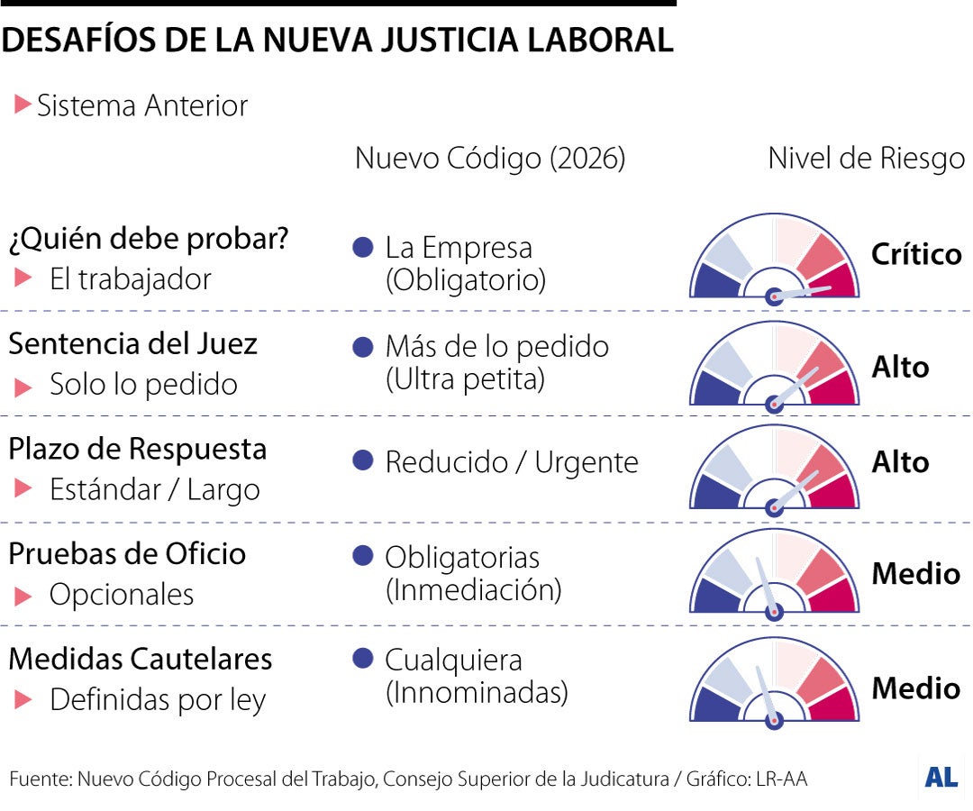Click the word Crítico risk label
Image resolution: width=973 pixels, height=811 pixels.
pos(915,254)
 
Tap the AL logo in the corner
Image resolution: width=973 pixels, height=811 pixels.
pos(941,777)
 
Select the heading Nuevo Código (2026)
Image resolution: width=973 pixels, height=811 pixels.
pos(489,159)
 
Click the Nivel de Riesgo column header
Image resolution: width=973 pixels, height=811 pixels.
pos(866,159)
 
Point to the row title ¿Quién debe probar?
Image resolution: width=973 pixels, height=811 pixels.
pos(149,240)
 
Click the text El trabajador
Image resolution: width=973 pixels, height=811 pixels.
pos(130,279)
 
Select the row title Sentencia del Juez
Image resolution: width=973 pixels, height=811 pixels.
pos(132,344)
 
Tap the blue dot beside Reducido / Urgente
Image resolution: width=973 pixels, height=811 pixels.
pos(363,461)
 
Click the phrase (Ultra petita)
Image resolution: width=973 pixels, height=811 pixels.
pos(465,380)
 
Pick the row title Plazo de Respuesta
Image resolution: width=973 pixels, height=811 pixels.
pos(137,449)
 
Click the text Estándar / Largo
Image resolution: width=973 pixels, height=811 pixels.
pos(154,490)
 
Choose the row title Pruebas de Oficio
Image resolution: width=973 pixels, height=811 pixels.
pos(127,553)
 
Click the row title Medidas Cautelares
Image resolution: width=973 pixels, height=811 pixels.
pos(140,659)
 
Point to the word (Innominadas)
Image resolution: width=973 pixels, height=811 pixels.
pos(477,693)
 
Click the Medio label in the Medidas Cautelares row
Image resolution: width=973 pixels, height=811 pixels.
pos(915,688)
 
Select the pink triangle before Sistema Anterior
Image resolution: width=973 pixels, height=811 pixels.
pos(23,105)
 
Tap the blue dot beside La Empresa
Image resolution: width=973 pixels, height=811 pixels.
pos(363,248)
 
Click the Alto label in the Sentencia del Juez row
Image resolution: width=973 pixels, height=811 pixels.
pos(900,367)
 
